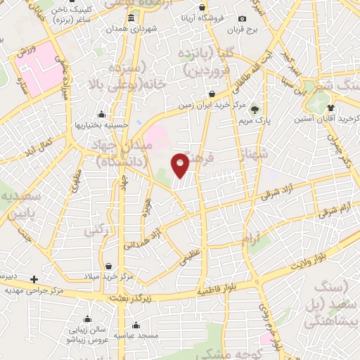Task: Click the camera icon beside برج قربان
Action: tap(242, 19)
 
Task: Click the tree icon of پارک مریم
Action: tap(255, 109)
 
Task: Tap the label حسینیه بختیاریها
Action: tap(103, 125)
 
